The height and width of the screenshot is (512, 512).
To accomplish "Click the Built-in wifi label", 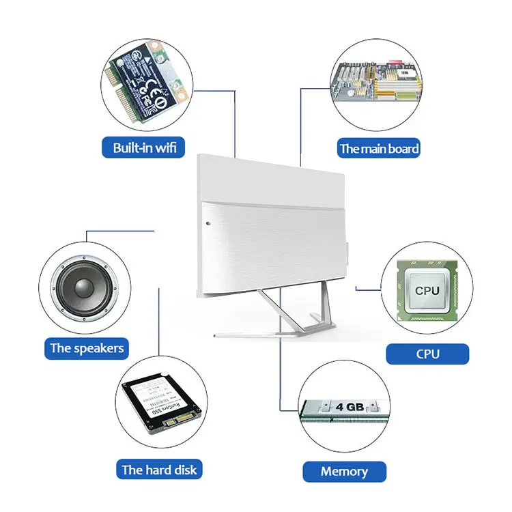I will tap(143, 147).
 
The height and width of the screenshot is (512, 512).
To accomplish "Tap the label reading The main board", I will tap(380, 148).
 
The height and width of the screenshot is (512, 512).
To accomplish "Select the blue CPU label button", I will tap(427, 354).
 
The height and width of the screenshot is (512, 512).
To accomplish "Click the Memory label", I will tap(344, 471).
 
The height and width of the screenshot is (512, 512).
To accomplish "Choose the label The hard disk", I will tap(159, 470).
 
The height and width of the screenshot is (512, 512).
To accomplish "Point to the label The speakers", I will tap(87, 348).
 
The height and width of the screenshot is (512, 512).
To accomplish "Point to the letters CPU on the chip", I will tap(427, 290).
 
